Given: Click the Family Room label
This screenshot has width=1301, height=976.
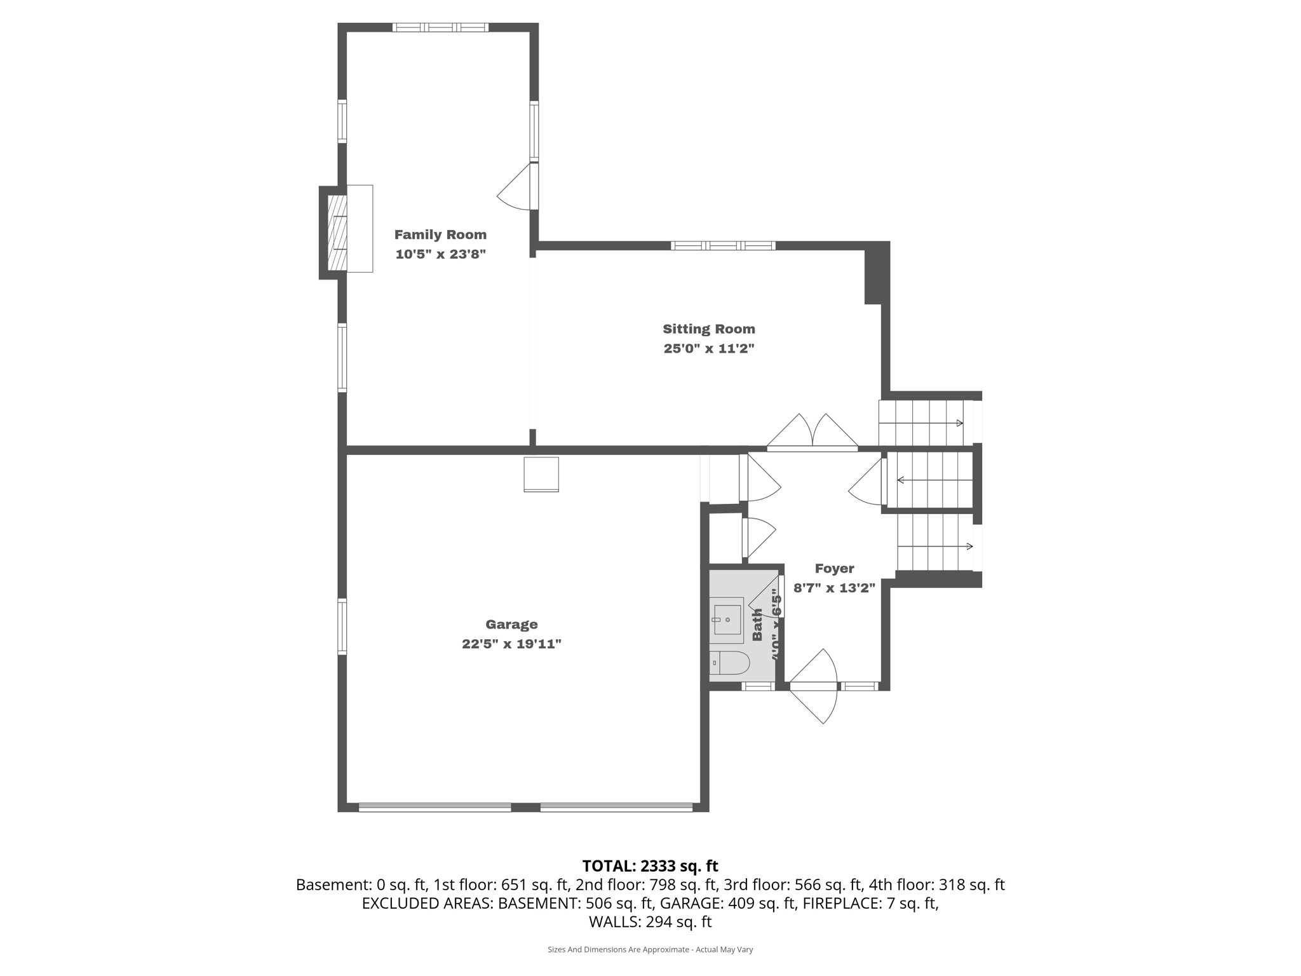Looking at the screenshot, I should pos(440,234).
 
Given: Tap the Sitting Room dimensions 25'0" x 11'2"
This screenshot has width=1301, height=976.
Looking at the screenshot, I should pos(708,349).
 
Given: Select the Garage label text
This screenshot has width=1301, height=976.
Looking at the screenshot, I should pos(511,625).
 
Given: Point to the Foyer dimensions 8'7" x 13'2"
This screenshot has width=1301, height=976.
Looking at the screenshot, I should pos(834,588).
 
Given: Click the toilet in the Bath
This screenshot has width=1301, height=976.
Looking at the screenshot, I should pos(729,663).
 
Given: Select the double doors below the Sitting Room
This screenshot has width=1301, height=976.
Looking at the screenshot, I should pos(812,433).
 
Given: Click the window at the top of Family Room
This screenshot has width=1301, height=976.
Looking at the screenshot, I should pos(440,27).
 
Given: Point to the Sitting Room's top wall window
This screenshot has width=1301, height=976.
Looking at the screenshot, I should pos(723,246).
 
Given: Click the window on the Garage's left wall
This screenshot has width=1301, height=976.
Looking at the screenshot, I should pos(342,627).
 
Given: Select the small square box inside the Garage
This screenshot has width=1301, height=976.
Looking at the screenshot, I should pos(541,474).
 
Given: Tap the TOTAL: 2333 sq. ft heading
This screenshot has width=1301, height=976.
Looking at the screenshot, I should pos(650,866).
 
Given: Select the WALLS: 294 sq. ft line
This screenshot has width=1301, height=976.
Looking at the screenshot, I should pos(650,922).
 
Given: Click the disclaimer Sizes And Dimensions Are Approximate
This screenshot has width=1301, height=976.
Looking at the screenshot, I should pos(650,949).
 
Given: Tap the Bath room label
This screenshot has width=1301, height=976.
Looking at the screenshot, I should pos(757,625).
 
